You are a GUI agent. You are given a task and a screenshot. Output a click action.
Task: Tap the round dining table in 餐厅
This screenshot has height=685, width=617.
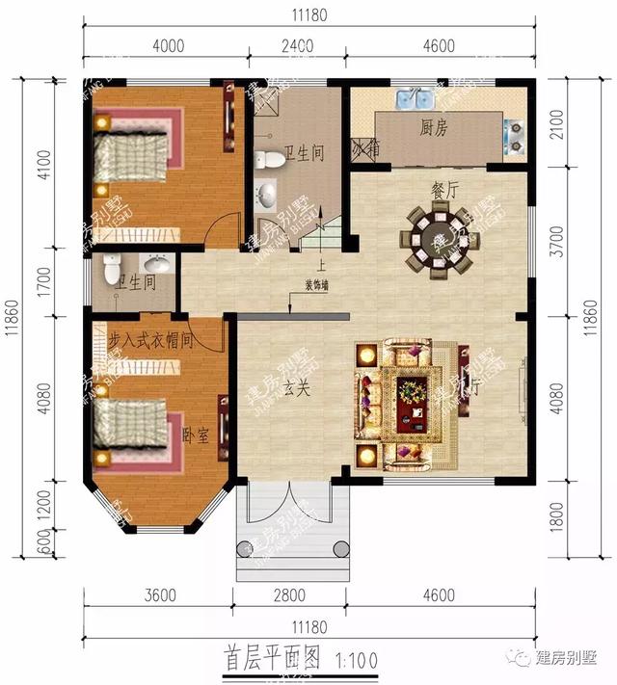[x=439, y=238]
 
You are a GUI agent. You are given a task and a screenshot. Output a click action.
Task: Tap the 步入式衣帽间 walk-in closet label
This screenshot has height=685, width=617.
[x=151, y=339]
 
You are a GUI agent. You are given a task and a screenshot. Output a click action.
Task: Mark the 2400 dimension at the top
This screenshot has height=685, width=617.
[x=297, y=44]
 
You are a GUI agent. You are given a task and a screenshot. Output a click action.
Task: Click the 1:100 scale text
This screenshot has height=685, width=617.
[x=356, y=662]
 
